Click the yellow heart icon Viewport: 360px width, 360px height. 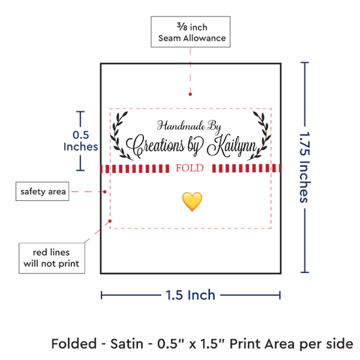[x=192, y=202]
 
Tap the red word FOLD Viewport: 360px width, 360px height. [x=190, y=168]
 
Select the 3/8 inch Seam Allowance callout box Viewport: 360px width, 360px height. [x=190, y=32]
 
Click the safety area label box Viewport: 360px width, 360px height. [x=43, y=191]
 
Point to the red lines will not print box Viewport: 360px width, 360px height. [x=52, y=258]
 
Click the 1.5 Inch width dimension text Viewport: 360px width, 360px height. [x=190, y=295]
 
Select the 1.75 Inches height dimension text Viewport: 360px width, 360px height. [x=304, y=168]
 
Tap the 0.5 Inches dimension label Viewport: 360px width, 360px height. [x=81, y=141]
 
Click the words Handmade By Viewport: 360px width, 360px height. [x=189, y=126]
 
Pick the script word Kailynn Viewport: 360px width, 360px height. [x=232, y=145]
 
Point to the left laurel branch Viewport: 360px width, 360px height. [x=119, y=135]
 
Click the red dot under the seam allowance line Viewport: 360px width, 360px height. [x=190, y=94]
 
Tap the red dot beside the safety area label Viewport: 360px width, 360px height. [x=105, y=192]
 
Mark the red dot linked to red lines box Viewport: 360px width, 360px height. [x=110, y=221]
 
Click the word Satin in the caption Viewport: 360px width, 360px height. [x=127, y=344]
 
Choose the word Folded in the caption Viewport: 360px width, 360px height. [x=74, y=344]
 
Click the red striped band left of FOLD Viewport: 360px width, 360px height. [x=135, y=168]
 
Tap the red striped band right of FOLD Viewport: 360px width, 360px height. [x=246, y=168]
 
